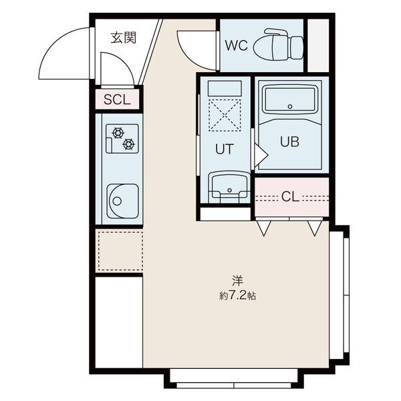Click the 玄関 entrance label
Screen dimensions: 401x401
click(x=123, y=38)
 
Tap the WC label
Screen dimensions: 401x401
click(x=237, y=45)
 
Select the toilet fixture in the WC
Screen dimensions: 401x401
click(x=278, y=45)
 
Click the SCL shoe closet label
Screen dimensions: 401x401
click(x=117, y=100)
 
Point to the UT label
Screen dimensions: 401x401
click(x=225, y=149)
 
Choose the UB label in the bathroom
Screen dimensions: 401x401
click(x=289, y=142)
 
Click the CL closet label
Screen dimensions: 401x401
click(x=290, y=196)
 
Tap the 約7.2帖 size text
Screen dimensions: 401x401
click(x=237, y=296)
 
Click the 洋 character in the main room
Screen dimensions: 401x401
click(x=237, y=281)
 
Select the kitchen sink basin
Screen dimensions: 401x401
click(x=123, y=201)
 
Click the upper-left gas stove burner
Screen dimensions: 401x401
click(x=118, y=133)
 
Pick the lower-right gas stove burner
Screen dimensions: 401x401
click(x=128, y=144)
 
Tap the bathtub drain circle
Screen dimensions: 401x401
click(x=290, y=106)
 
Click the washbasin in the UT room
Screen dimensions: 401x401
click(x=229, y=187)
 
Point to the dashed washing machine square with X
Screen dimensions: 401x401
click(x=225, y=116)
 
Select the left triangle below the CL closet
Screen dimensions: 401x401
click(x=264, y=228)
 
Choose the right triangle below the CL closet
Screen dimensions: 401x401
click(x=315, y=228)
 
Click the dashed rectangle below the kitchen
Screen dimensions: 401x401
click(x=121, y=251)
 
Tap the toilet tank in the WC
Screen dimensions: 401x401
click(x=297, y=47)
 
